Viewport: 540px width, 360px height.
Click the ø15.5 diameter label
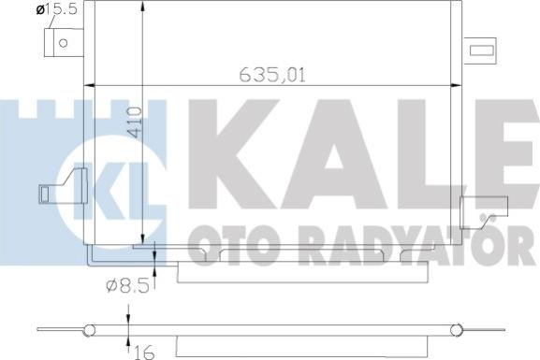56,8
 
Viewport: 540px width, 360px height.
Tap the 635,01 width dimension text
272,75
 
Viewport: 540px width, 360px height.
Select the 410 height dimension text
135,122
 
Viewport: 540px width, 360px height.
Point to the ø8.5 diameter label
127,285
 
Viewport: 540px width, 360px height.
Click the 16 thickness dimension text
144,353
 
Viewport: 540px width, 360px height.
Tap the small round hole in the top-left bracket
63,43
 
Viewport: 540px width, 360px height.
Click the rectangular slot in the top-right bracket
482,50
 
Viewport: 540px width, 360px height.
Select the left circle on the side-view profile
89,330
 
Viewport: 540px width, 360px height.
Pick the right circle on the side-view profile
457,330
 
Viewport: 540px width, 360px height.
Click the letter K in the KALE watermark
234,154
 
